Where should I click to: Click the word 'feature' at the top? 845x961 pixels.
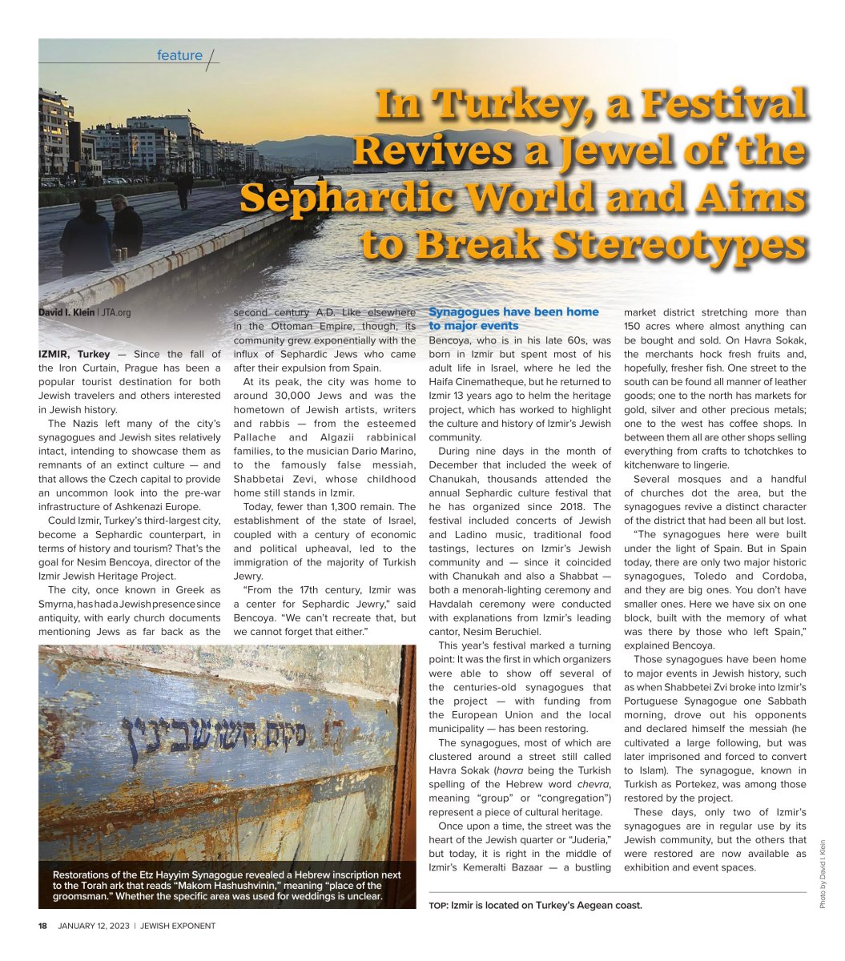point(179,55)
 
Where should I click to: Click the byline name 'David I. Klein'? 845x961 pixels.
point(66,312)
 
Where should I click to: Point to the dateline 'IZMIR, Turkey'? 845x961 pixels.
point(74,354)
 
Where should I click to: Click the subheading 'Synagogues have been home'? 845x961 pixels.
point(513,312)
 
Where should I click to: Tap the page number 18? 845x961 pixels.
point(42,926)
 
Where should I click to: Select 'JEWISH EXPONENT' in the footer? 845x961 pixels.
point(178,926)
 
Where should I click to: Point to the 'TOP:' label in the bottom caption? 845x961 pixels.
point(437,906)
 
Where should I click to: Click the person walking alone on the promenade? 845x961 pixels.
point(184,191)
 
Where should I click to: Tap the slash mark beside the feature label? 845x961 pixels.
point(211,59)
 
